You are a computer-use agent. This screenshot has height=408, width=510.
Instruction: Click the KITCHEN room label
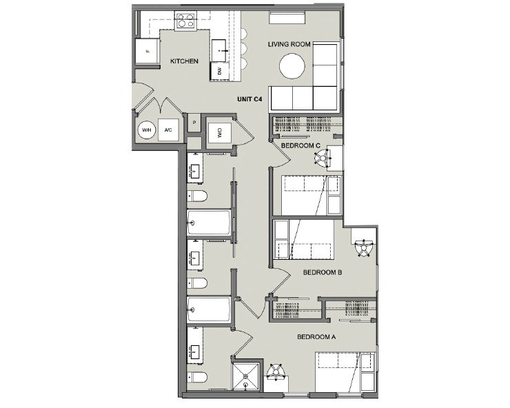pos(184,61)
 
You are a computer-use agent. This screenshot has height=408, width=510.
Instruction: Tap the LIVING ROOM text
pos(290,45)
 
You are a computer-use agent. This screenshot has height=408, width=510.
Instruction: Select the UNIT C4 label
pos(249,99)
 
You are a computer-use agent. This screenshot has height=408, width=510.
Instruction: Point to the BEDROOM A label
pos(316,337)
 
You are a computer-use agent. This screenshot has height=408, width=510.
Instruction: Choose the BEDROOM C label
pos(300,145)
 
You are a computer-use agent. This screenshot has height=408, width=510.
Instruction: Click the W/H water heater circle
pos(146,130)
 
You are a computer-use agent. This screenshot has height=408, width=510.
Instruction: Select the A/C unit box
pos(168,130)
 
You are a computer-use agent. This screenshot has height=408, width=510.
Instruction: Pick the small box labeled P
pos(194,124)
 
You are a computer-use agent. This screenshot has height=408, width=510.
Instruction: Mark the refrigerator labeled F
pos(147,52)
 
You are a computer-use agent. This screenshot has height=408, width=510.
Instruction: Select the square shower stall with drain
pos(246,377)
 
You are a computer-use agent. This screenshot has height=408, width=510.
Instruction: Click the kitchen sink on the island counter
pos(221,47)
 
